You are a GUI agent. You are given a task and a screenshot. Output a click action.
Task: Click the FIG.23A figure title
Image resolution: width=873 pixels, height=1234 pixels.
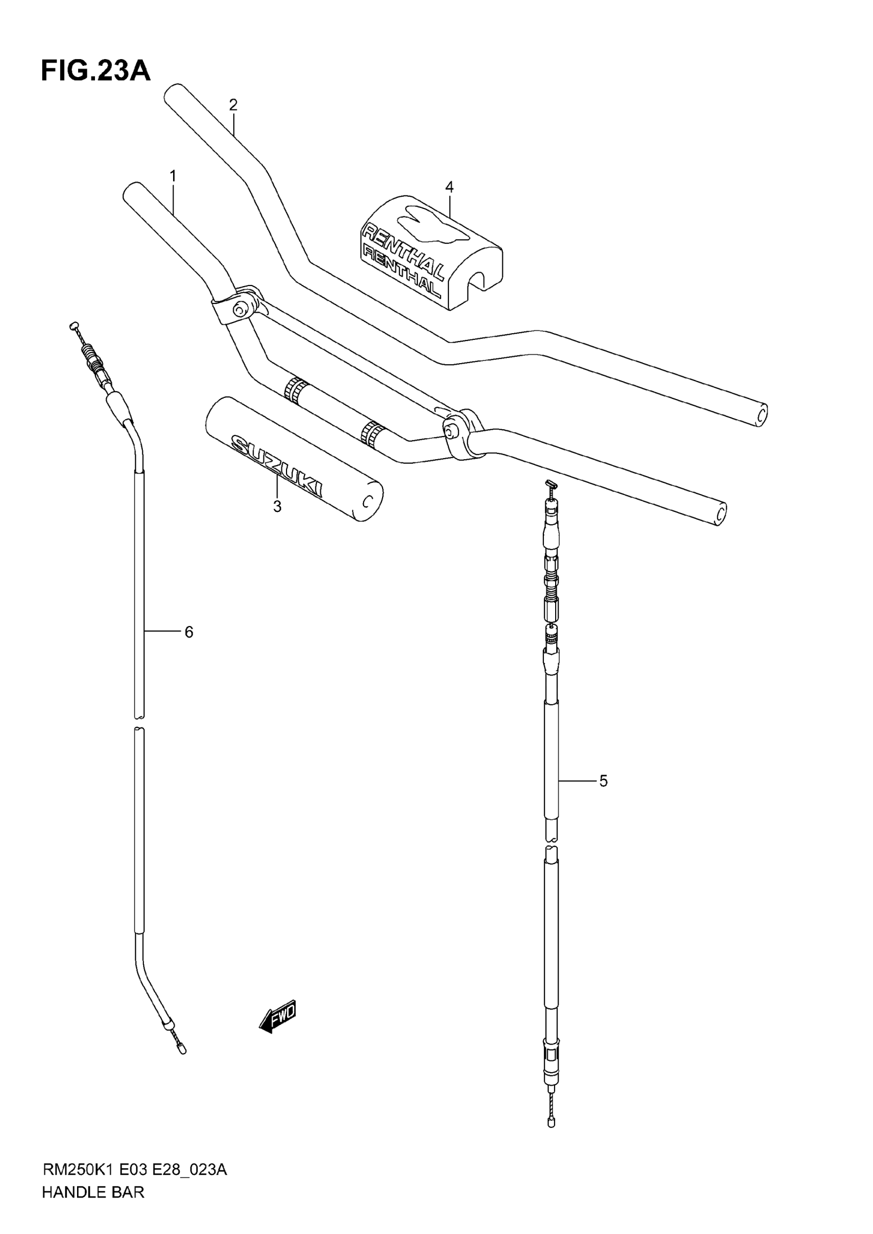(96, 71)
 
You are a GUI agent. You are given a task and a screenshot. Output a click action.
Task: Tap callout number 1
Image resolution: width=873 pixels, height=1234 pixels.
(173, 176)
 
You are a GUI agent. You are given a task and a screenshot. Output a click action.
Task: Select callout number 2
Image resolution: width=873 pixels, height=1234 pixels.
(233, 104)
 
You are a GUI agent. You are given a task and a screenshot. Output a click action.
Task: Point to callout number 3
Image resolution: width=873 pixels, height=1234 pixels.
(277, 506)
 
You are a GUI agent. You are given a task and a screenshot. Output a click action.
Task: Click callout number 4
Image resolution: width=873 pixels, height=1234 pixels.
(449, 186)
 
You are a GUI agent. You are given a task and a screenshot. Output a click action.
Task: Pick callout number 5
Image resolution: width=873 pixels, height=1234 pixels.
(603, 781)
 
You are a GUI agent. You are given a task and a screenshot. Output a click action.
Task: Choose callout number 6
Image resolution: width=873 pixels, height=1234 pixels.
(188, 633)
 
